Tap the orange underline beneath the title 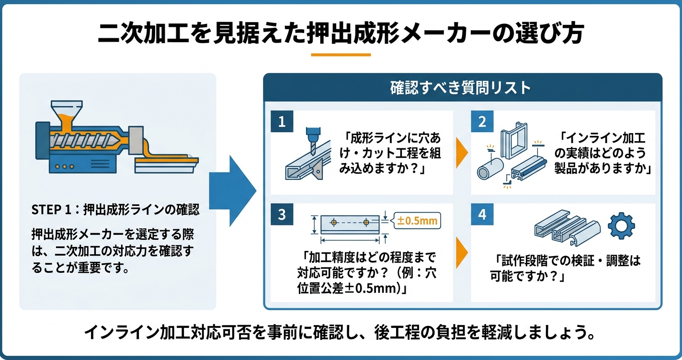[341, 55]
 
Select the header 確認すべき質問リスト [462, 88]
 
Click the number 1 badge [282, 122]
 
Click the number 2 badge [482, 122]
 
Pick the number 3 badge [282, 214]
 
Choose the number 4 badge [482, 214]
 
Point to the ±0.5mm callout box [416, 221]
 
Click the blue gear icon [621, 226]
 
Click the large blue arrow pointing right [232, 191]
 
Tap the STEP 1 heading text [115, 210]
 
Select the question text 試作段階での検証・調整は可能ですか [565, 268]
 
